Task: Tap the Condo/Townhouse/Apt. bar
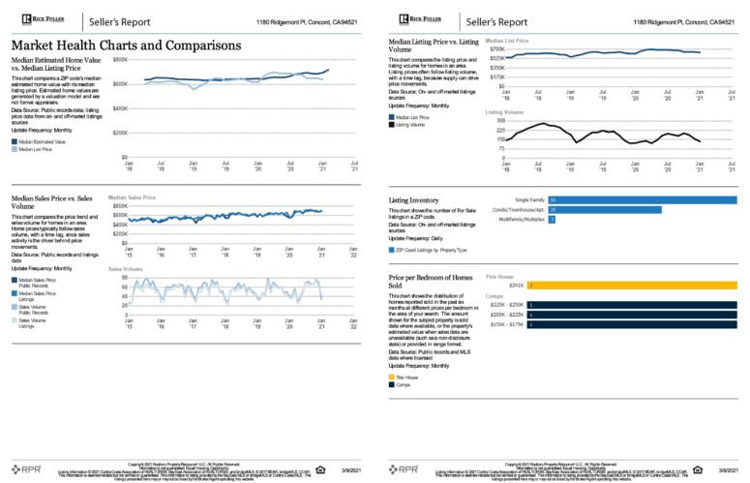point(604,209)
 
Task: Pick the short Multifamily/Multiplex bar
point(552,220)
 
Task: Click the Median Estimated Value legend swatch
point(15,141)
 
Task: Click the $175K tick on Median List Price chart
point(495,76)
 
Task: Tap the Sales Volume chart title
point(126,269)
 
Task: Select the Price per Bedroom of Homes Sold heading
point(430,281)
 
